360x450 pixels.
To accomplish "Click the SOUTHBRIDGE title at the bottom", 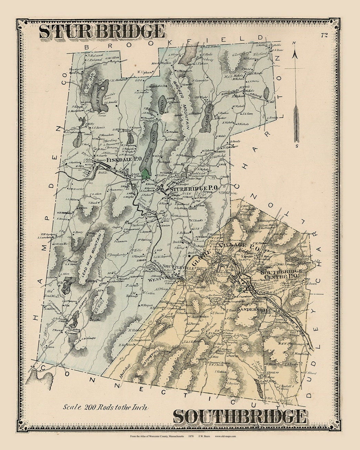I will tap(239, 416).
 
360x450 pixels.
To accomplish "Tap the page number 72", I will tap(323, 35).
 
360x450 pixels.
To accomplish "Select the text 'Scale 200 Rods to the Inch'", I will tap(106, 407).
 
